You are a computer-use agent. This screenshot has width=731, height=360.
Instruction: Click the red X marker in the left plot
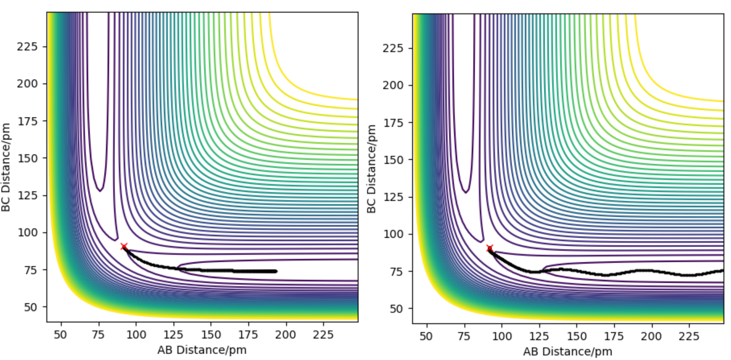click(124, 247)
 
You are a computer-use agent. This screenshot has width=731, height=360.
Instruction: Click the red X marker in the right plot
click(490, 248)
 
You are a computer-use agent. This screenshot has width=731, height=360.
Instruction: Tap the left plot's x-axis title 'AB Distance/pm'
click(202, 350)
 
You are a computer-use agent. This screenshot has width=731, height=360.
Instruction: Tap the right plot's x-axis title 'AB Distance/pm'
click(567, 351)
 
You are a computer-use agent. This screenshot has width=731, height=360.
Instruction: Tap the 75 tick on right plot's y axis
click(402, 271)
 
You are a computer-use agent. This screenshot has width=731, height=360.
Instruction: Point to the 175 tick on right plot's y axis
click(400, 123)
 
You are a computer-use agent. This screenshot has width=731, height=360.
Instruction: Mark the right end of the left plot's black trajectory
click(276, 271)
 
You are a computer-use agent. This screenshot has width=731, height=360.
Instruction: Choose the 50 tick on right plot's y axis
click(402, 308)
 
